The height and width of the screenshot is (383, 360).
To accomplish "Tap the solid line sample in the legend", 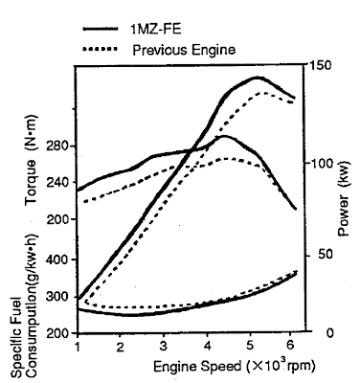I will click(x=98, y=30).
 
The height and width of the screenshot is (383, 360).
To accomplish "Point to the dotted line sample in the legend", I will click(x=98, y=48).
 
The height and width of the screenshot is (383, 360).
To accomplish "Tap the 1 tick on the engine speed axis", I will click(x=78, y=346).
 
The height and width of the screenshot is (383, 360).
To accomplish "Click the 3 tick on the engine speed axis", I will click(x=164, y=346).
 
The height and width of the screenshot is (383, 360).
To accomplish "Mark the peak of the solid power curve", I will click(x=258, y=78).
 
